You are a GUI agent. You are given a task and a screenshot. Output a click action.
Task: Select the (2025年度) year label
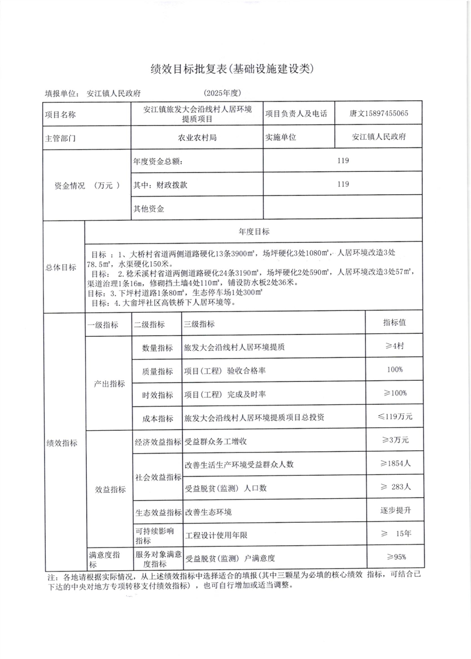point(222,93)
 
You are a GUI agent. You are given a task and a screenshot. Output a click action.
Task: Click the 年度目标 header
point(253,232)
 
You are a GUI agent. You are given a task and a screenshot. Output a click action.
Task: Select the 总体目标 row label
point(61,267)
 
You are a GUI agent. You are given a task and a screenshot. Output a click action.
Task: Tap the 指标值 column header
point(395,323)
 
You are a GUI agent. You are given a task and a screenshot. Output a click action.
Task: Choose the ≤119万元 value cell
point(394,417)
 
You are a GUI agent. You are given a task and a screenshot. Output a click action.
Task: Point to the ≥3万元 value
point(394,440)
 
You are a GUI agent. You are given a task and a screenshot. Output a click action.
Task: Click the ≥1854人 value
point(394,464)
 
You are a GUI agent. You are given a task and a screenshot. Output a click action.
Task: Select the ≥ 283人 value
point(395,487)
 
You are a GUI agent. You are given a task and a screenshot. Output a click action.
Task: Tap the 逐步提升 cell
point(395,511)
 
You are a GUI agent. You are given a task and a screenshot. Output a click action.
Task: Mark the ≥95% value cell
point(395,556)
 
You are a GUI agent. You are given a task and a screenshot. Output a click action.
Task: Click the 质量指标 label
point(157,371)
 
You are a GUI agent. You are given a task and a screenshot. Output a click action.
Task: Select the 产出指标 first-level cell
point(110,383)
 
